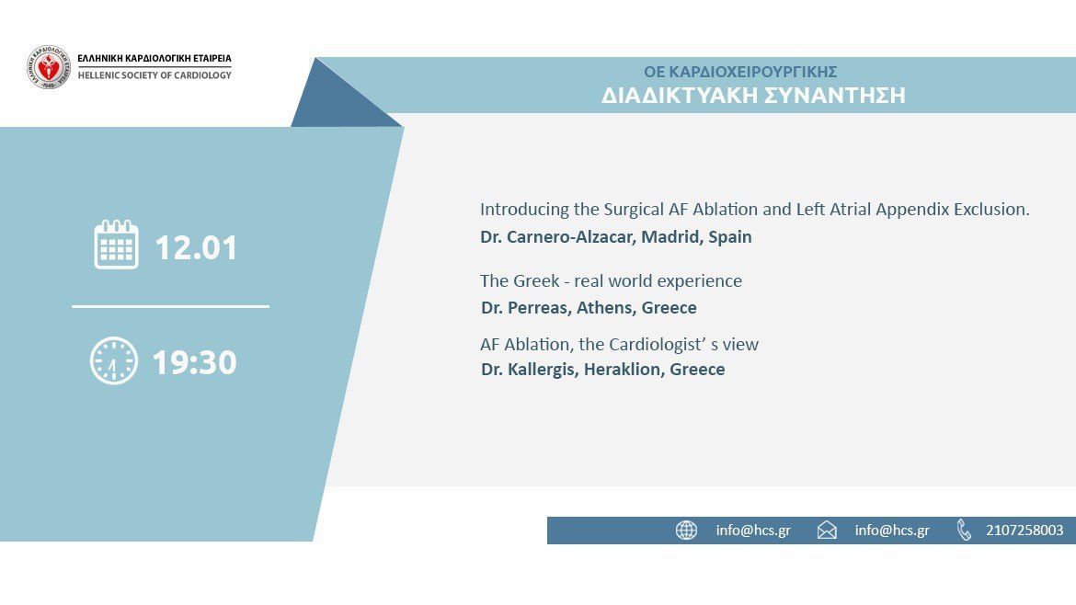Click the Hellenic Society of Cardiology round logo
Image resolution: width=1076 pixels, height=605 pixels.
[x=48, y=67]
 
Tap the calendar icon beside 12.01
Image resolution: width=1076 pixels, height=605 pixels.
[x=116, y=245]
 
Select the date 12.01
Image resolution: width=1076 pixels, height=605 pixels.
[x=196, y=247]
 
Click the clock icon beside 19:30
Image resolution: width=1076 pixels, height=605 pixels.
[x=113, y=361]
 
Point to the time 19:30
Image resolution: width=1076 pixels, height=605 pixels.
[x=194, y=362]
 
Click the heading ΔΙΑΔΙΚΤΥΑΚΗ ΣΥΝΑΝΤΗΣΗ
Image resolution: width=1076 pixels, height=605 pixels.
[x=753, y=96]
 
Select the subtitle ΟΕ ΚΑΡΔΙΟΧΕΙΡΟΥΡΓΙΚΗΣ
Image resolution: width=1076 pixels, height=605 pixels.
[x=740, y=72]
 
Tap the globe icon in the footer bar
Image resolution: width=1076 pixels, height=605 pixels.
[x=686, y=531]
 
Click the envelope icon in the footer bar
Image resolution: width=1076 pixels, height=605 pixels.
[x=827, y=531]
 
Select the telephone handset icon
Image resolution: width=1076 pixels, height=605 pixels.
[x=964, y=531]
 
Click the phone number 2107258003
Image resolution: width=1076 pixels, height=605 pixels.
[x=1024, y=531]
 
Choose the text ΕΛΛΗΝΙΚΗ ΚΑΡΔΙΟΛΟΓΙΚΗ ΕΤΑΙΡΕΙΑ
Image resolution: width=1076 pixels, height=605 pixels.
[x=155, y=59]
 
